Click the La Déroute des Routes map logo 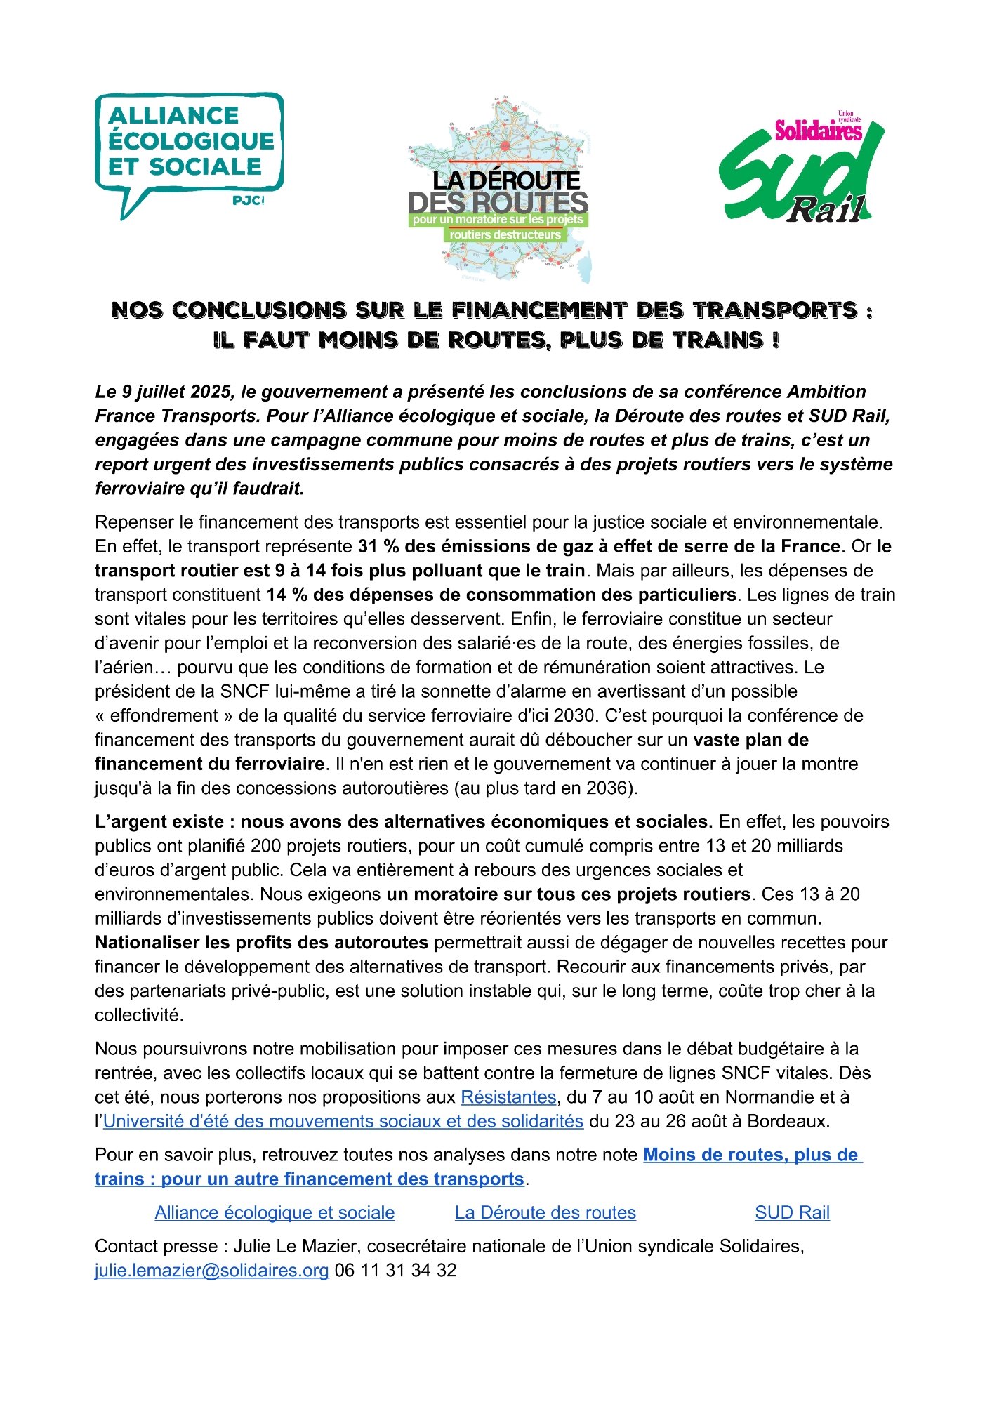[x=500, y=190]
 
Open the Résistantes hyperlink [x=508, y=1097]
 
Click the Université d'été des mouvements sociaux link [x=343, y=1121]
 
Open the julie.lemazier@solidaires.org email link [x=212, y=1271]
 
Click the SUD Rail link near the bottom [x=792, y=1212]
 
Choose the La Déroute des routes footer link [x=545, y=1212]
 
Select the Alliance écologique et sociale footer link [x=275, y=1212]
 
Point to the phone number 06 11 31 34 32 [x=395, y=1271]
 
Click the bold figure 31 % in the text [x=378, y=546]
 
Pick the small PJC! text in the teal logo [x=248, y=201]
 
